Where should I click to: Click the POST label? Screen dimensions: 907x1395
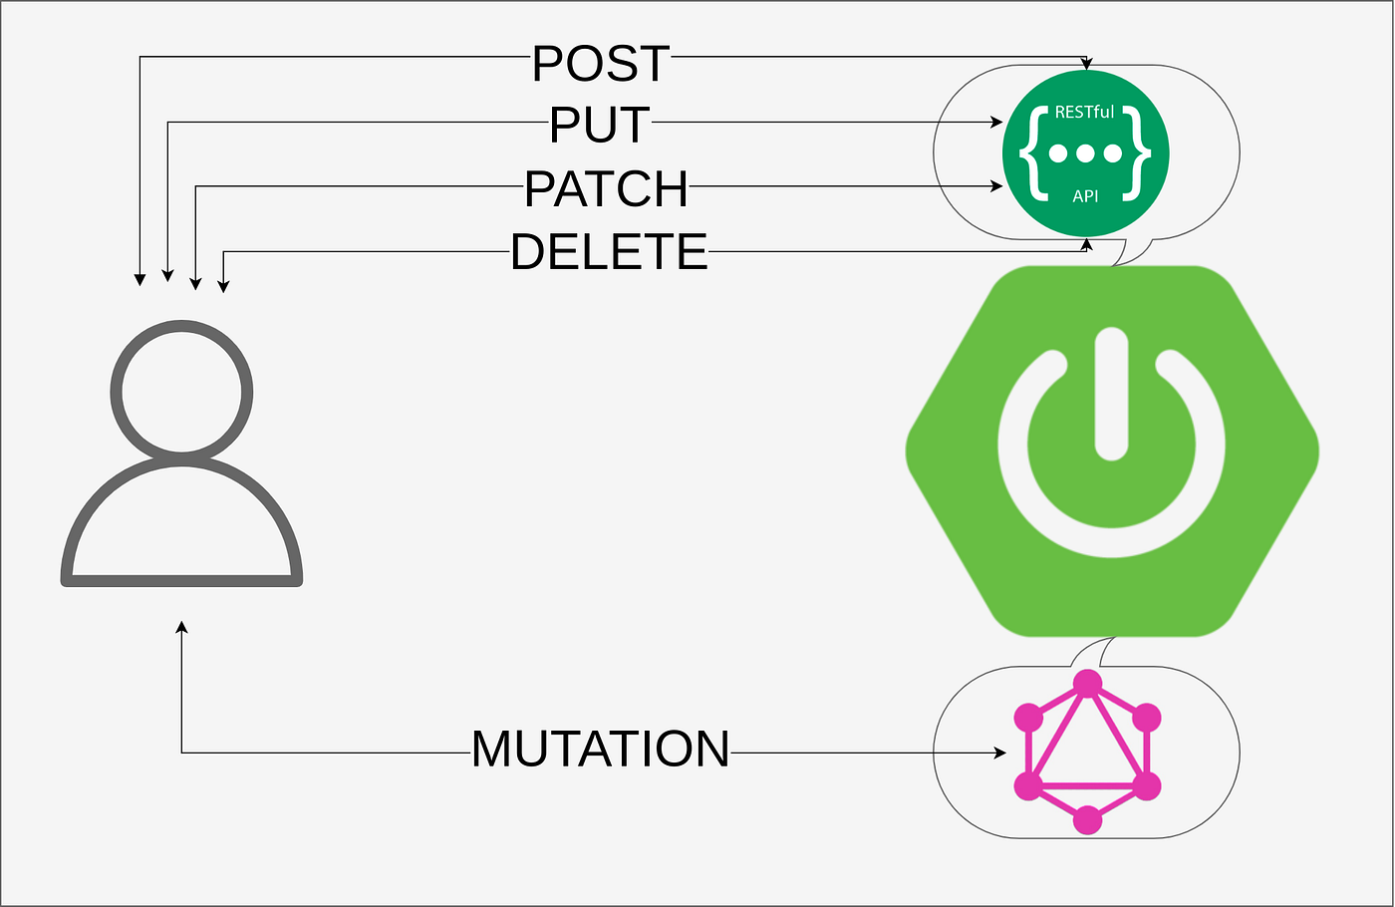click(x=601, y=65)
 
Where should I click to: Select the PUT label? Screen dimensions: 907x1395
click(x=600, y=126)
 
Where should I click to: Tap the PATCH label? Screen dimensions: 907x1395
click(x=607, y=189)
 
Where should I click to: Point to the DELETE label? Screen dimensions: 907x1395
click(x=609, y=252)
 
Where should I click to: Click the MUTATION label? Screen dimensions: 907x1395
click(x=601, y=750)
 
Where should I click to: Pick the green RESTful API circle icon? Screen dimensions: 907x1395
click(x=1085, y=153)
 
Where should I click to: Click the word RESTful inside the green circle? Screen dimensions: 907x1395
click(x=1084, y=113)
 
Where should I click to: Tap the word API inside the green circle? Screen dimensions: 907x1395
click(x=1085, y=196)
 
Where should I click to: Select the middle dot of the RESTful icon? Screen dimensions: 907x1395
click(x=1085, y=153)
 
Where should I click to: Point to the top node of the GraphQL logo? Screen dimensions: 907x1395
click(x=1087, y=684)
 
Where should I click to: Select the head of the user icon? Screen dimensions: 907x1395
click(x=181, y=392)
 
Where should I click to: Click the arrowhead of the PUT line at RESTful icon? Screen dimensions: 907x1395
click(x=996, y=123)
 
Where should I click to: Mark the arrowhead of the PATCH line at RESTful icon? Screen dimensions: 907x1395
click(x=996, y=186)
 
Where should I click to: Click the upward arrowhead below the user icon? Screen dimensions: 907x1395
click(x=181, y=627)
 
